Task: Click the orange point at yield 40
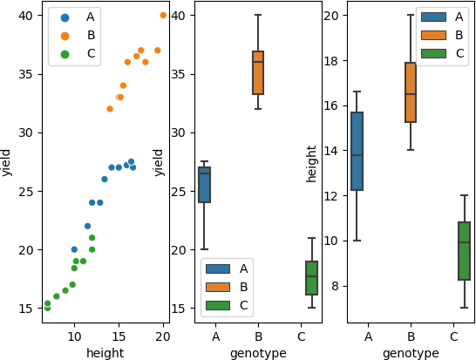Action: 163,16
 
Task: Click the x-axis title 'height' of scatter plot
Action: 105,353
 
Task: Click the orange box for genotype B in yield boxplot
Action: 258,72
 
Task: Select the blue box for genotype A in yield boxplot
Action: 204,185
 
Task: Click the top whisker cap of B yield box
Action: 258,16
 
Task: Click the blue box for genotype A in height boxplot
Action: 357,151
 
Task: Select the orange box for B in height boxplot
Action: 411,92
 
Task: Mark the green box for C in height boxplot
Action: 464,251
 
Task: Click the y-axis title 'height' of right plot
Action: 311,162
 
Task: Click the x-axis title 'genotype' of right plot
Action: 411,353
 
